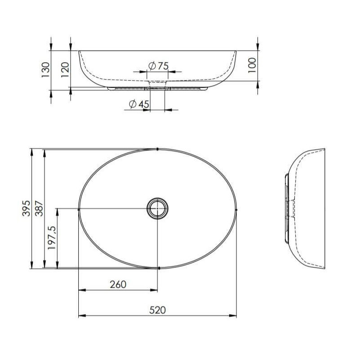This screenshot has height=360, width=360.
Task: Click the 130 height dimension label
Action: (46, 70)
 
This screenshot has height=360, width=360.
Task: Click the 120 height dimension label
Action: (65, 70)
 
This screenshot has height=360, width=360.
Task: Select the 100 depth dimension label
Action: (252, 65)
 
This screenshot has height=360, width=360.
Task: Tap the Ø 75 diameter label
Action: (158, 66)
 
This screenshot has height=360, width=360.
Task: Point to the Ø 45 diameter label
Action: (139, 104)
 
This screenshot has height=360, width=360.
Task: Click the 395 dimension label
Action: (26, 208)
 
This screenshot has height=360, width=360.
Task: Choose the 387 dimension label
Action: (39, 208)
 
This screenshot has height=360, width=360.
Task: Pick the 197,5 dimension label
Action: (52, 238)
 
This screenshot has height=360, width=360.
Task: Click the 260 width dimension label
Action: (118, 285)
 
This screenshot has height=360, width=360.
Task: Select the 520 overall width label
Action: (157, 310)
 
